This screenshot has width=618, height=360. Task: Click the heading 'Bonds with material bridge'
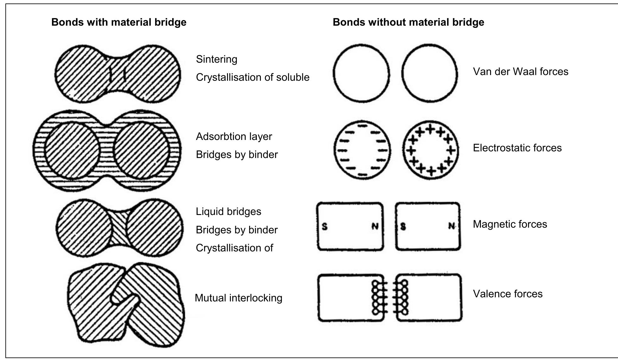point(119,22)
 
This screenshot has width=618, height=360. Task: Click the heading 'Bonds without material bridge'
point(408,22)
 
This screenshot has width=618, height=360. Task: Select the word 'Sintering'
point(217,59)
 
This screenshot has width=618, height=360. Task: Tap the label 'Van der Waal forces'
point(520,72)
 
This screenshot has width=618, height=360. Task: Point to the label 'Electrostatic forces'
point(517,148)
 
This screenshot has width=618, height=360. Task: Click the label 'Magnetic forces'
point(510,224)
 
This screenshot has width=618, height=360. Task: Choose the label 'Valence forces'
point(508,294)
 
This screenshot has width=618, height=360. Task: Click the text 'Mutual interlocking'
point(238,298)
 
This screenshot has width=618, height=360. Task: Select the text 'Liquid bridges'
point(228,212)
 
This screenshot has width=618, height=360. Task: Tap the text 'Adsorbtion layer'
point(234,136)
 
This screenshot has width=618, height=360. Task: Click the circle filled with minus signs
point(362,149)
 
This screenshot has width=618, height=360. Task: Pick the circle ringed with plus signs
point(431,149)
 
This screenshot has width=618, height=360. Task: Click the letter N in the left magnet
point(375,226)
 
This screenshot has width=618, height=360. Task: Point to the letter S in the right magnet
point(403,227)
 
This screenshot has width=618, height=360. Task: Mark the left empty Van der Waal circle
point(361,73)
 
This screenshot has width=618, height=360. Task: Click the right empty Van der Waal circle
point(430,73)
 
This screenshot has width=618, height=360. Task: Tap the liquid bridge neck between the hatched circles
point(119,228)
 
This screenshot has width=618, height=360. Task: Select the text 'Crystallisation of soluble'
point(252,78)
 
